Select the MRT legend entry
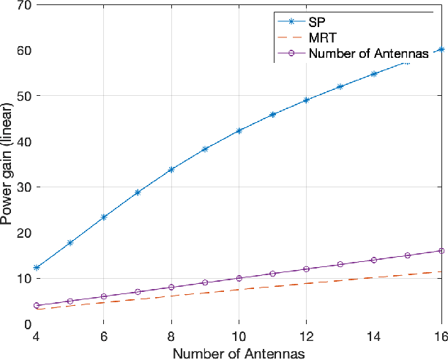[x=323, y=38]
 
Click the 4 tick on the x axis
[x=37, y=336]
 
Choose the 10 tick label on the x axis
[x=239, y=336]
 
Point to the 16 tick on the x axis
[x=440, y=336]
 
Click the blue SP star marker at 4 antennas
[x=37, y=268]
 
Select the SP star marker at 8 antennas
[x=171, y=170]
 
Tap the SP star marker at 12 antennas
[x=306, y=100]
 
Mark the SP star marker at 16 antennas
[x=441, y=49]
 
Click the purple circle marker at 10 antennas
[x=239, y=278]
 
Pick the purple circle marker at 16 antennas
[x=441, y=251]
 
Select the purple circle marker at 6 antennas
[x=104, y=296]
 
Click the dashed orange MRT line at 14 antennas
[x=373, y=277]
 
